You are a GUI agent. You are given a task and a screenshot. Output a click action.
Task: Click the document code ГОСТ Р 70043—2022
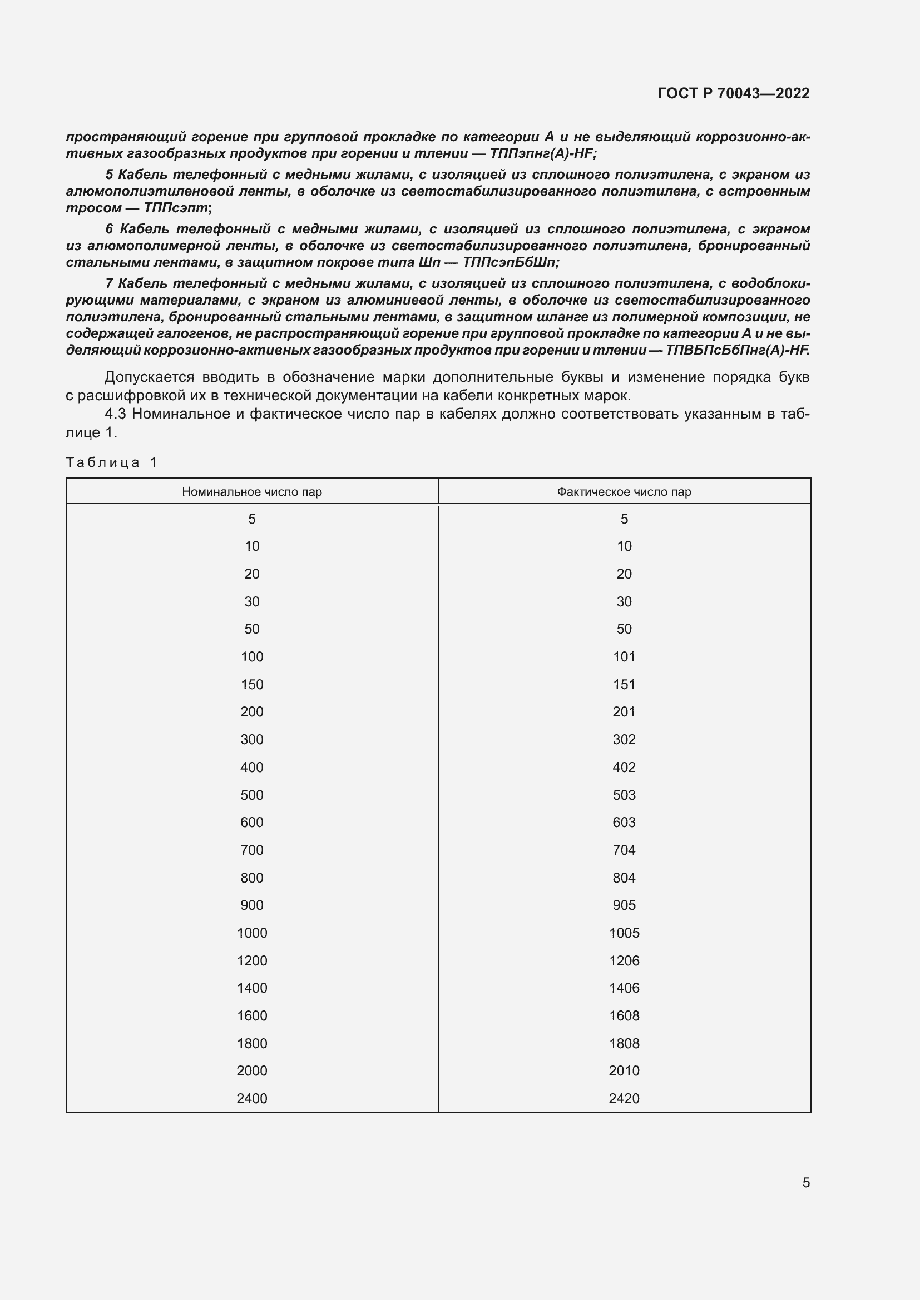[x=733, y=93]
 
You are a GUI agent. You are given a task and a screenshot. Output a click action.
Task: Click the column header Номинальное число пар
[x=251, y=491]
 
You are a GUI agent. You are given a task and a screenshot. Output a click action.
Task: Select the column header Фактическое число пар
[x=624, y=491]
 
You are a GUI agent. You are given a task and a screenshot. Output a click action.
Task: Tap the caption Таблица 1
[x=111, y=462]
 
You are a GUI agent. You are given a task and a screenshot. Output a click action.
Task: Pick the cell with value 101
[x=624, y=656]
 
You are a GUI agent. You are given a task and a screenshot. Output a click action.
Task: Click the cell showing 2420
[x=624, y=1098]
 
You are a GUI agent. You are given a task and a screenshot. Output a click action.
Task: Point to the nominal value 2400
[x=251, y=1098]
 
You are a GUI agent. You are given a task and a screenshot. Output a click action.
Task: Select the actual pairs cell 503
[x=624, y=794]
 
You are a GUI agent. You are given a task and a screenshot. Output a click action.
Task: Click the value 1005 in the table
[x=624, y=933]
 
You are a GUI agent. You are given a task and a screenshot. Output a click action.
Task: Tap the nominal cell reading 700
[x=251, y=849]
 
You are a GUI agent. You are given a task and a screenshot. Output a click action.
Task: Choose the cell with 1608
[x=624, y=1015]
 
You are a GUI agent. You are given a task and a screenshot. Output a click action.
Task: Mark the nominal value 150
[x=251, y=684]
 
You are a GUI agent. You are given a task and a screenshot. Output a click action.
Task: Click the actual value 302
[x=624, y=739]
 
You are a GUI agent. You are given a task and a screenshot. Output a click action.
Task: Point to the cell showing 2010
[x=624, y=1070]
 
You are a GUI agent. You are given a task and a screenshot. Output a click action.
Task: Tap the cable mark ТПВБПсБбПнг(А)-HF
[x=736, y=350]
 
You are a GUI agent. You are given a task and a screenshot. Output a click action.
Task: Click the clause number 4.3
[x=115, y=414]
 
